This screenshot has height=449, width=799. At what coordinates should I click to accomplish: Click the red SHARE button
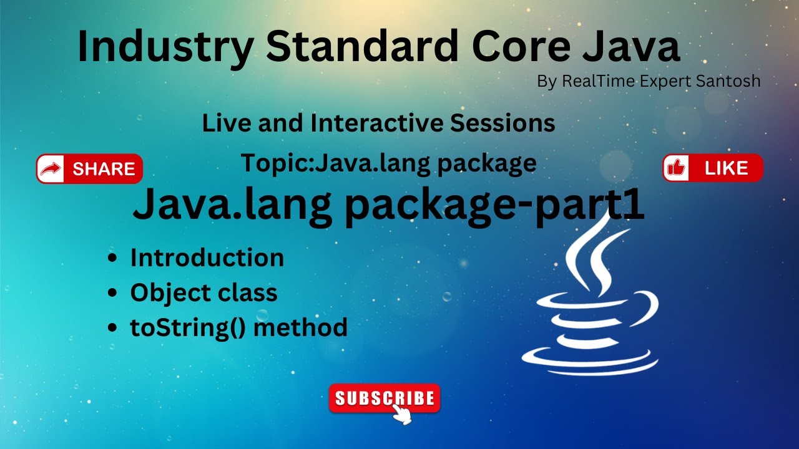pyautogui.click(x=89, y=168)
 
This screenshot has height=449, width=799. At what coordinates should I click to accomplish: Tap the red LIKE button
pyautogui.click(x=713, y=168)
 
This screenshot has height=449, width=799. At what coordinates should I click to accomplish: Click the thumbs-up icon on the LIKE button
pyautogui.click(x=676, y=168)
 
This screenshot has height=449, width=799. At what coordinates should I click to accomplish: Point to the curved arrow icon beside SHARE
pyautogui.click(x=51, y=169)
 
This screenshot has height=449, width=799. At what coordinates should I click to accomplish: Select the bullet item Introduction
pyautogui.click(x=207, y=258)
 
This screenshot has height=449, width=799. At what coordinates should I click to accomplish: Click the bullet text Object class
pyautogui.click(x=203, y=293)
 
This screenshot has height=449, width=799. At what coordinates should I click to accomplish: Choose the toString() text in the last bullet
pyautogui.click(x=188, y=327)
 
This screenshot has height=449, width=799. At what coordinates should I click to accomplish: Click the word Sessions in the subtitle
pyautogui.click(x=502, y=123)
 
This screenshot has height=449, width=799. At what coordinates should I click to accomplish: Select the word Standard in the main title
pyautogui.click(x=362, y=46)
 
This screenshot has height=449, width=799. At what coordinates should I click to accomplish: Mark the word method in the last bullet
pyautogui.click(x=300, y=327)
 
